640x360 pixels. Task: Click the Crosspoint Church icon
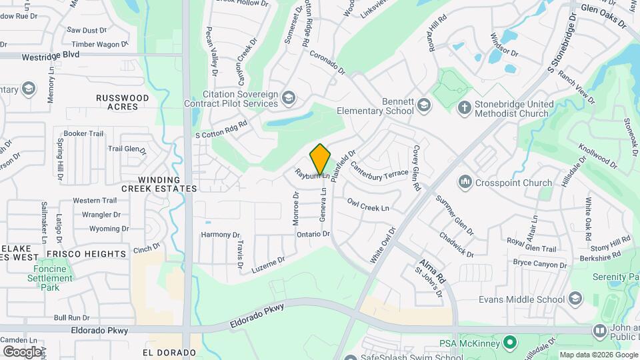pyautogui.click(x=465, y=182)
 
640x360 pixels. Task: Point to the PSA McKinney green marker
pyautogui.click(x=510, y=343)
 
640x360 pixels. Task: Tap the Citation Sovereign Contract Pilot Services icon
pyautogui.click(x=288, y=99)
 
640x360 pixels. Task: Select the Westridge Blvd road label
pyautogui.click(x=51, y=55)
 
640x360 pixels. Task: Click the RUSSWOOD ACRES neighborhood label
pyautogui.click(x=123, y=102)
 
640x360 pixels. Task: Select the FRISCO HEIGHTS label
pyautogui.click(x=86, y=254)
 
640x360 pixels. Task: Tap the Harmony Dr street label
pyautogui.click(x=220, y=235)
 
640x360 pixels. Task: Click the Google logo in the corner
pyautogui.click(x=22, y=351)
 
